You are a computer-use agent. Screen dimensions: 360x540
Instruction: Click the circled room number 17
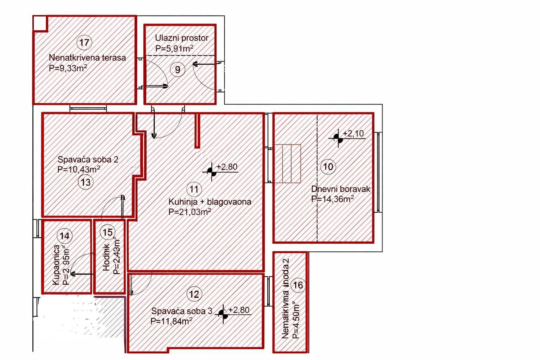(84, 43)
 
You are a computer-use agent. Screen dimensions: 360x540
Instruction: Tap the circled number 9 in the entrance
(178, 70)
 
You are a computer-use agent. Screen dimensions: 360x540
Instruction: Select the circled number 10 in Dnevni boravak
(328, 166)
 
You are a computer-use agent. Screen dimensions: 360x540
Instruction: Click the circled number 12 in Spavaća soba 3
(194, 294)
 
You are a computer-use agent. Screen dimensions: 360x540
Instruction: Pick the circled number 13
(85, 182)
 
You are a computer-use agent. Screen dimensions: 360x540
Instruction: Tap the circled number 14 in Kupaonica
(65, 236)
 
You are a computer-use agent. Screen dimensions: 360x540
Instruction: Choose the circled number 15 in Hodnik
(108, 232)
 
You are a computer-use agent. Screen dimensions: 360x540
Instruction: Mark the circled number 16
(298, 285)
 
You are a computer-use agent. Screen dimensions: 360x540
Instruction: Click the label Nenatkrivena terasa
(87, 58)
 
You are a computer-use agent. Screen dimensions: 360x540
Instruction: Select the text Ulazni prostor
(182, 38)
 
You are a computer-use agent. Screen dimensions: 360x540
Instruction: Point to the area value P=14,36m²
(332, 199)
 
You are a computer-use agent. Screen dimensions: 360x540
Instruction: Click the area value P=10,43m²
(79, 169)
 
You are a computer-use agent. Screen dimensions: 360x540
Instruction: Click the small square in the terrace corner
(40, 23)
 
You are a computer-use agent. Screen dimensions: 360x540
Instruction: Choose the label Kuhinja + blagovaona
(210, 202)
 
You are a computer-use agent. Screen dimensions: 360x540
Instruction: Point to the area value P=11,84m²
(171, 321)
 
